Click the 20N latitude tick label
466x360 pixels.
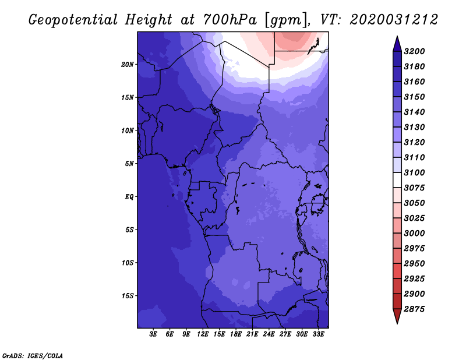(x=128, y=64)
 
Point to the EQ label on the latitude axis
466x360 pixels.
(x=129, y=196)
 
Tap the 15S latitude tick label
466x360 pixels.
(x=128, y=295)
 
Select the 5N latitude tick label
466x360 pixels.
(x=129, y=163)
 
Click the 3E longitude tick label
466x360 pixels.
(x=154, y=334)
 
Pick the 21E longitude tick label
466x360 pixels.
(x=252, y=334)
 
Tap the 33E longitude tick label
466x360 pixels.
(x=318, y=334)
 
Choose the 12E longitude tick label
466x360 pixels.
(x=203, y=334)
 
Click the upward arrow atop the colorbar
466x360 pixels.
(x=397, y=43)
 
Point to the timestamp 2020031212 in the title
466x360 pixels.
(x=394, y=20)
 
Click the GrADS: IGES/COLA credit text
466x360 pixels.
(x=33, y=355)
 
